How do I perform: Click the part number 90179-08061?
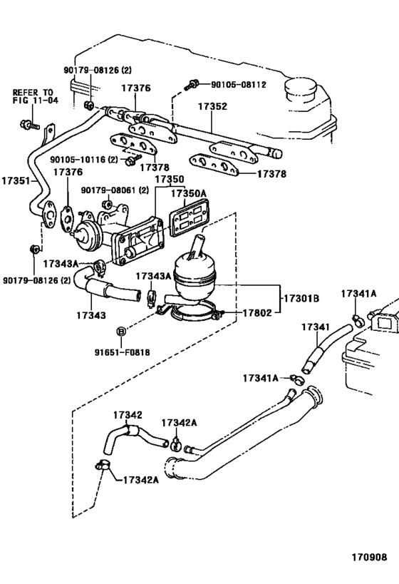click(x=114, y=191)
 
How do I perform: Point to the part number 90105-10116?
click(x=83, y=160)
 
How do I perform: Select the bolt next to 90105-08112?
click(x=192, y=85)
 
